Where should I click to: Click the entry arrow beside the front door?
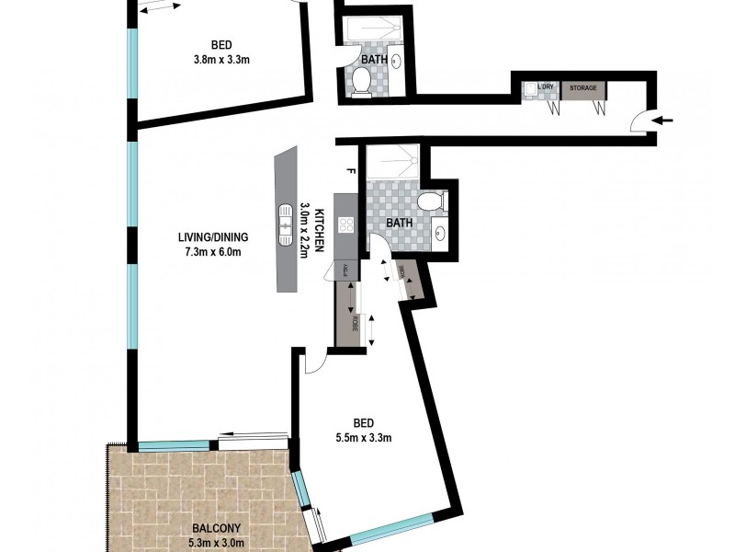coord(667,120)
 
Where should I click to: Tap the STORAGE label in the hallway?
coord(583,88)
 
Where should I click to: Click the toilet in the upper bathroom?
coord(361,84)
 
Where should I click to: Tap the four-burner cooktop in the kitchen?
coord(346,224)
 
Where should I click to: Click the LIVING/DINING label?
coord(213,237)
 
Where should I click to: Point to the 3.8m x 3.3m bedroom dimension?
coord(221,60)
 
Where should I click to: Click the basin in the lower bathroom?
coord(439,232)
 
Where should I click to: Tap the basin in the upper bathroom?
coord(396,63)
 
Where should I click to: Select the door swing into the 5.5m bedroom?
coord(312,361)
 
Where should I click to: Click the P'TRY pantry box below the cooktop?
coord(346,269)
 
